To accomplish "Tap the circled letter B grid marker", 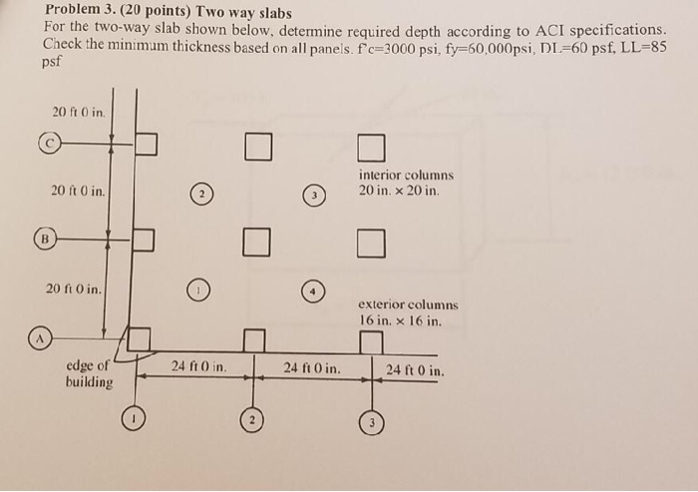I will tap(44, 239).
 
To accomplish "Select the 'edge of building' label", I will tap(89, 374).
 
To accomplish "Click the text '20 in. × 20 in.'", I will tap(399, 190).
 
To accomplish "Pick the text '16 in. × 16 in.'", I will tap(399, 321).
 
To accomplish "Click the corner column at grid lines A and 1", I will tap(138, 340).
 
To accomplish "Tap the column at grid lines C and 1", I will tap(147, 144).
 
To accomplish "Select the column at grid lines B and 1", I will tap(144, 239).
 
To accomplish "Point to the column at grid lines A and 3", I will tap(371, 343).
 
